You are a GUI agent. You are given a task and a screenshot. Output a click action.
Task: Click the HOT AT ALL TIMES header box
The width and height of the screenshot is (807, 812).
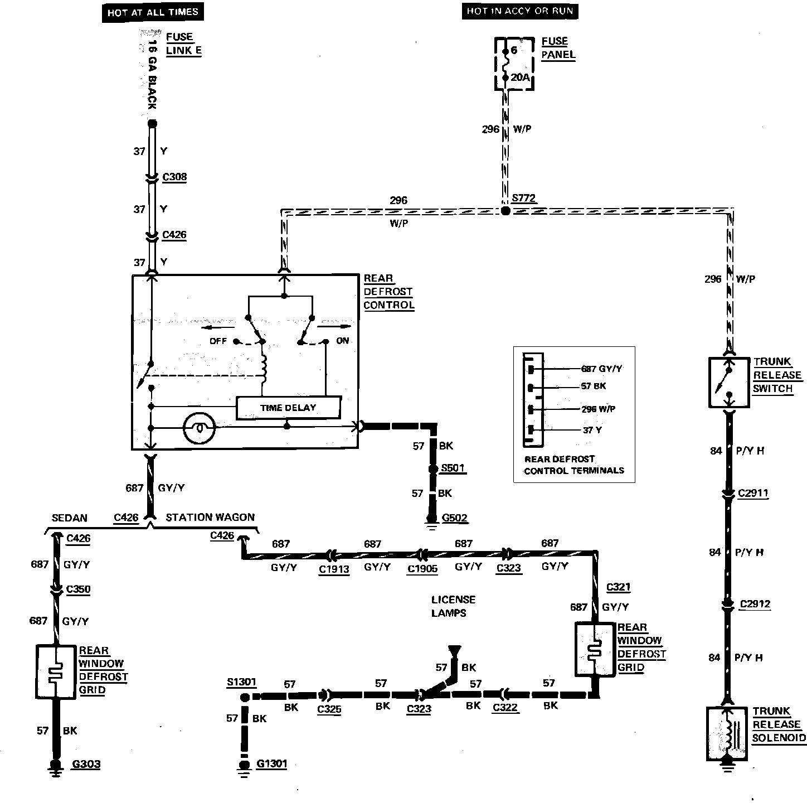(x=153, y=12)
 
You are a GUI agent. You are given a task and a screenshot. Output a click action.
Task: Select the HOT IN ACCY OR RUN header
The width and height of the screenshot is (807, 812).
(x=519, y=11)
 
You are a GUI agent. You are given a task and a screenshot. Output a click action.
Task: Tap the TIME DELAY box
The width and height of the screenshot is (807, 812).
(x=288, y=408)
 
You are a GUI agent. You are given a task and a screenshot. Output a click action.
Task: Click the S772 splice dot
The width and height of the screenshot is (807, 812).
(x=505, y=211)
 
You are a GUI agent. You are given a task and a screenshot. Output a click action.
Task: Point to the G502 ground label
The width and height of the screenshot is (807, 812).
(x=455, y=518)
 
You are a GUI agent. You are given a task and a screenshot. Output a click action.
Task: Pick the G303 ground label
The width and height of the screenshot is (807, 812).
(x=86, y=763)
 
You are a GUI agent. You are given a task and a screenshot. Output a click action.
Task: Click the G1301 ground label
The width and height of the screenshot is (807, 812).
(x=271, y=763)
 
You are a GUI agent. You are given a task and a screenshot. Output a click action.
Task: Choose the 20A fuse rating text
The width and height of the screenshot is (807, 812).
(x=520, y=77)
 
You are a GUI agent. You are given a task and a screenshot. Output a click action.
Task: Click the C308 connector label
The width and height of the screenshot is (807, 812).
(x=174, y=177)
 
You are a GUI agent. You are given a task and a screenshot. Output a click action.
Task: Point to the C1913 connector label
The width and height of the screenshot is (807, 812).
(x=334, y=569)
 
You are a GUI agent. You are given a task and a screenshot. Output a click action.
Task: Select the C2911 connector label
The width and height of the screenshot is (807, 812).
(x=753, y=493)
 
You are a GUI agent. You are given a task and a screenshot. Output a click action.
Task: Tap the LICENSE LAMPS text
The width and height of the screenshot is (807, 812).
(x=453, y=606)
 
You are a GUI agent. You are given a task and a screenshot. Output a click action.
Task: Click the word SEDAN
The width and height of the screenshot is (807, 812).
(x=69, y=518)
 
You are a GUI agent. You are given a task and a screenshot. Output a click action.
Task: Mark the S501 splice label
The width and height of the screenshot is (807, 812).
(x=453, y=468)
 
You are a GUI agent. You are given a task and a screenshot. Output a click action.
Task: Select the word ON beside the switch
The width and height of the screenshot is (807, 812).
(x=343, y=340)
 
